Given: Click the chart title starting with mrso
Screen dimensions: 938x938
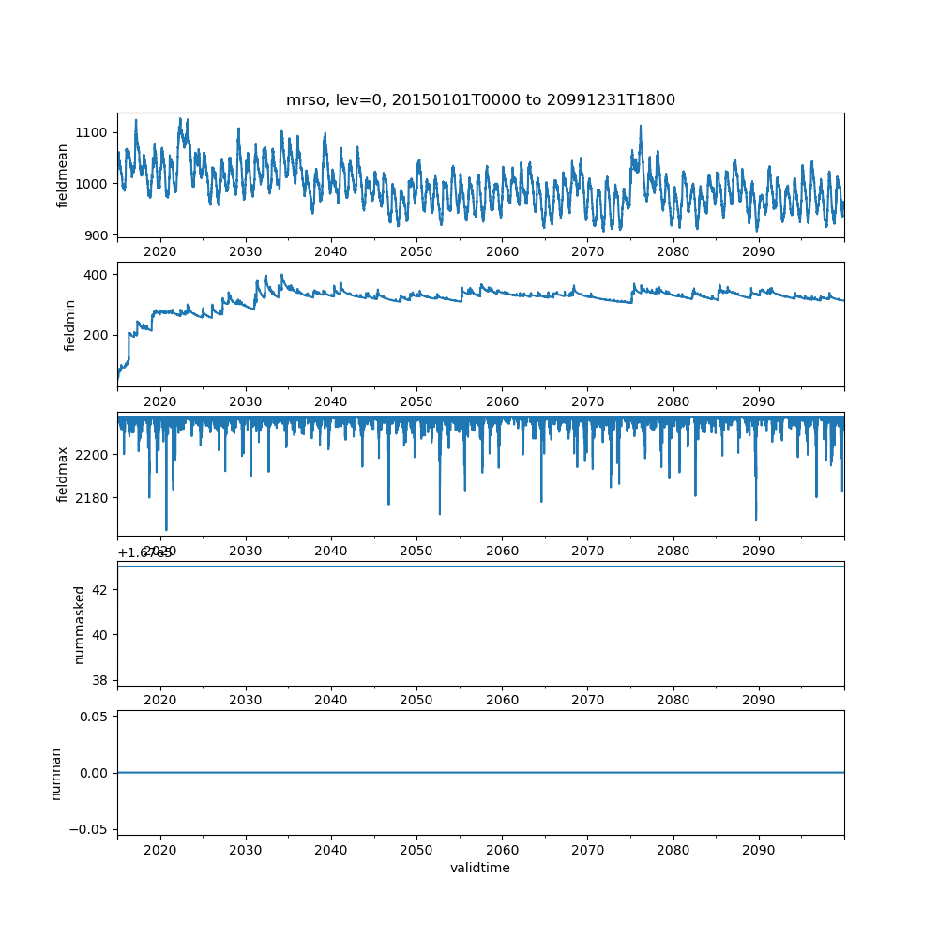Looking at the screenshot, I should [480, 100].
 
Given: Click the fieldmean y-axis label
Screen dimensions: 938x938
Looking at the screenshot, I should [63, 176].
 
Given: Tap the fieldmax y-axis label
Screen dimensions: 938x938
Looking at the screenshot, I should [63, 475].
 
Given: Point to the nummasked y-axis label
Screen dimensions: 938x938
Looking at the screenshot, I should [80, 625].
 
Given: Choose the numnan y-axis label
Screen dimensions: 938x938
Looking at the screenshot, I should [55, 773].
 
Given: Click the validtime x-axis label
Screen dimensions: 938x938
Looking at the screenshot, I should [480, 868].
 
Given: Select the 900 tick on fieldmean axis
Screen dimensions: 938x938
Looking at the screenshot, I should [97, 234].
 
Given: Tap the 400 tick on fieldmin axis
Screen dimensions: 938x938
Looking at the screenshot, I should [97, 274].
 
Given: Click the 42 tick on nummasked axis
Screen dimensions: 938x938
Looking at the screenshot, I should [100, 589].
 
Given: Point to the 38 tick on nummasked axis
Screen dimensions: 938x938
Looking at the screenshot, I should [100, 679].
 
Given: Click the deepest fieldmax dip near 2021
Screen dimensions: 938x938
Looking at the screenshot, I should [166, 530].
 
